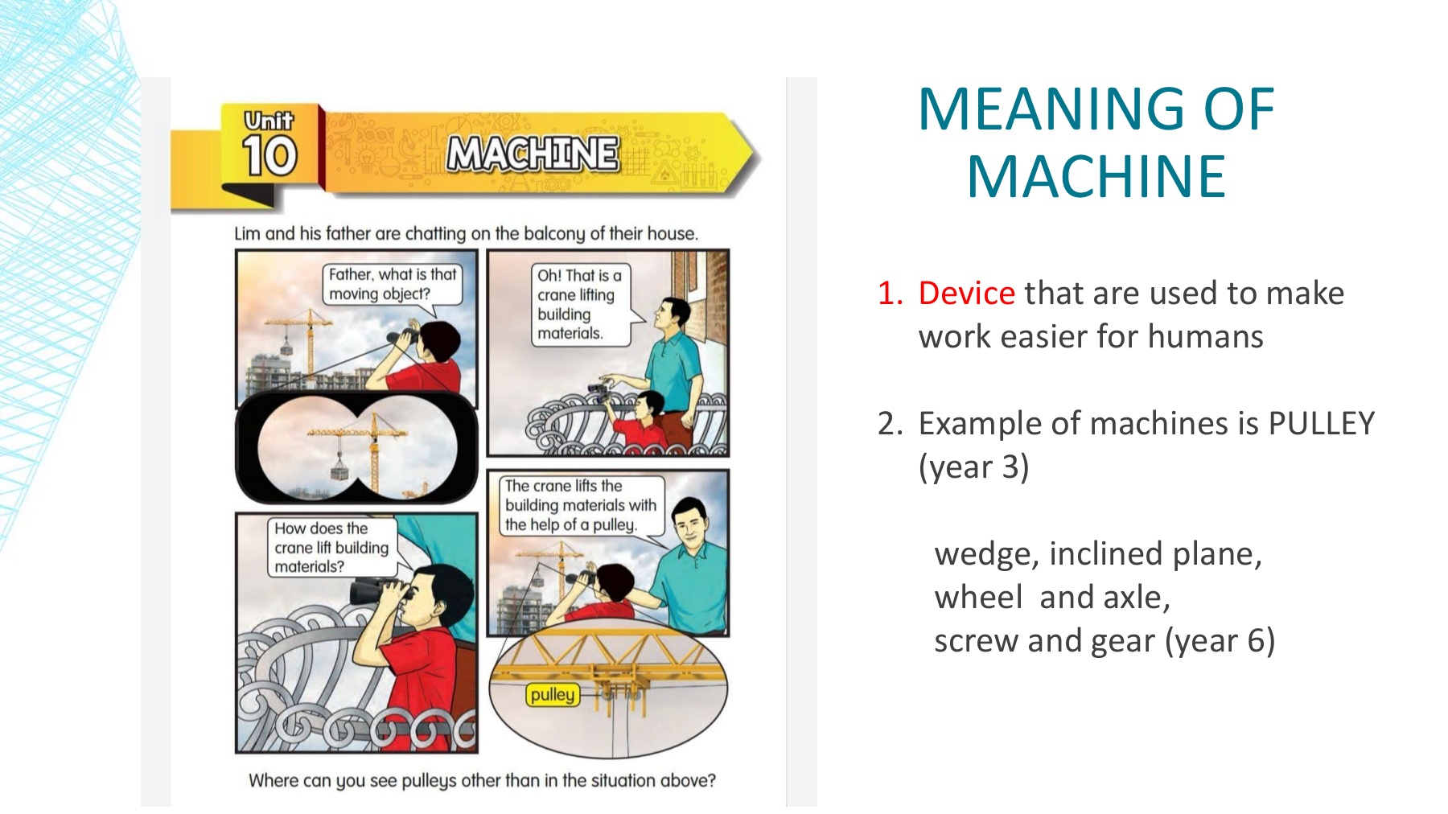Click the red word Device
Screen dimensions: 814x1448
(x=966, y=294)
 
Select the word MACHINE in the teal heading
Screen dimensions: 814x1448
(x=1096, y=177)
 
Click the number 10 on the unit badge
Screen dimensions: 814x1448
(x=269, y=155)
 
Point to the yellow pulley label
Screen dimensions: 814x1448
(x=553, y=695)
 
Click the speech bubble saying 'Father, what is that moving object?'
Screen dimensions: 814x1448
(x=393, y=285)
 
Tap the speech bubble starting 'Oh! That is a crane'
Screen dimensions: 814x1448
(x=579, y=305)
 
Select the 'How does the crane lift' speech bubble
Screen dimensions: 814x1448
(x=331, y=548)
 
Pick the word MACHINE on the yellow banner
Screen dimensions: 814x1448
(x=533, y=153)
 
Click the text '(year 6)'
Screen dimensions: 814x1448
(x=1220, y=641)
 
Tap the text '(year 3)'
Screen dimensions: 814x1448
(x=973, y=467)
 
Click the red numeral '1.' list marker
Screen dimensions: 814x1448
(x=891, y=294)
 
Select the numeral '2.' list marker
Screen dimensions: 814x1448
(x=891, y=424)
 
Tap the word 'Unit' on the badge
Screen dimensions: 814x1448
(x=269, y=121)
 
